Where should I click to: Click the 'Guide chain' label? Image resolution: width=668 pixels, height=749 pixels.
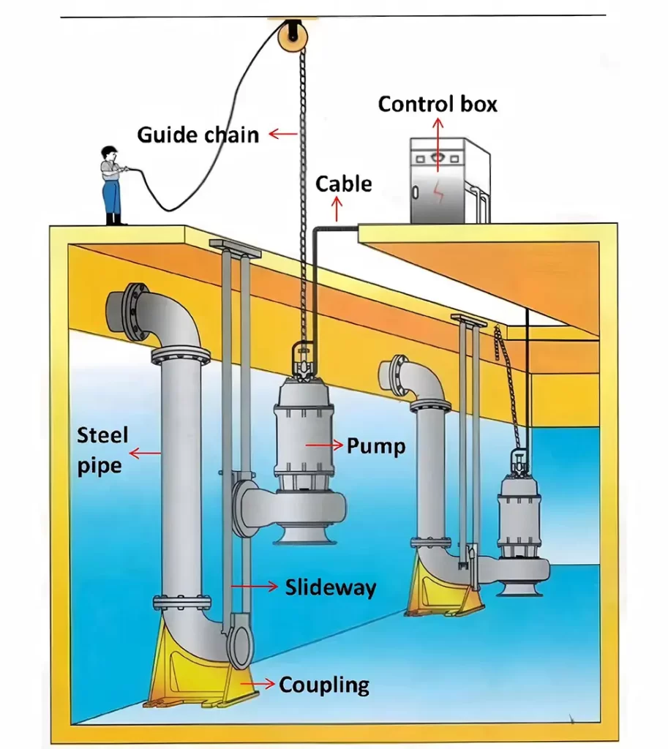198,135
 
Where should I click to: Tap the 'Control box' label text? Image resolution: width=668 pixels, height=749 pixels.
438,104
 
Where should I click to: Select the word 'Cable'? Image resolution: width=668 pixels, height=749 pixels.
343,184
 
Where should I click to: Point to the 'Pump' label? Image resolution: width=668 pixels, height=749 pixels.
375,445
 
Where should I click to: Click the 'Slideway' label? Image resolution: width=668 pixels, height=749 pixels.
330,587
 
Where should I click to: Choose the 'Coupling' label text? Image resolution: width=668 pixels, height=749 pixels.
323,685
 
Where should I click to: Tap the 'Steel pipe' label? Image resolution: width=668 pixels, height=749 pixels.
102,451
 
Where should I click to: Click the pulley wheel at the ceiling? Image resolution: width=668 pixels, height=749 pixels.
292,34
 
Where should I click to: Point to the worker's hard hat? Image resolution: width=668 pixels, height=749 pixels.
110,151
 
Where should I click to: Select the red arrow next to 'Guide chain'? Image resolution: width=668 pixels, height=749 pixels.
282,134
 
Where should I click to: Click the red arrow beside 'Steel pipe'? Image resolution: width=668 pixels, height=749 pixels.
147,454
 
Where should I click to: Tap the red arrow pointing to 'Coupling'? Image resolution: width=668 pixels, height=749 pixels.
259,683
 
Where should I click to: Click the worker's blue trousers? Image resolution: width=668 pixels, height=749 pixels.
112,197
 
